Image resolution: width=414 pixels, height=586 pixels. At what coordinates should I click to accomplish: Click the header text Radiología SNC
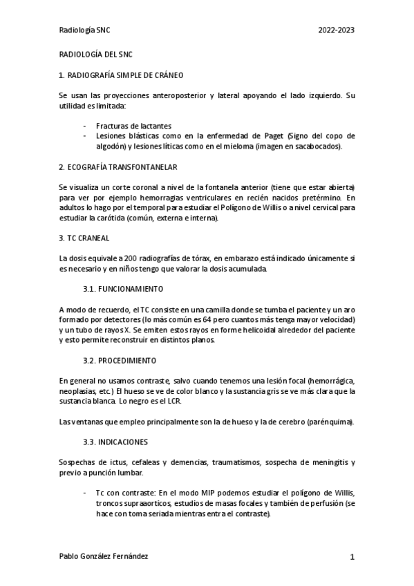click(84, 30)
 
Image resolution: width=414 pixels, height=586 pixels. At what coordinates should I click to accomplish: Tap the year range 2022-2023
click(336, 30)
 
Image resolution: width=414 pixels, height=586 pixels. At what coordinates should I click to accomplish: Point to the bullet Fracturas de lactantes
click(133, 126)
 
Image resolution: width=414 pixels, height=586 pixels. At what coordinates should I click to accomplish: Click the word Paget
click(258, 136)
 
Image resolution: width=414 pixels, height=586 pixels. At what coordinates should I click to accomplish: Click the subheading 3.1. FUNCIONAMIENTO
click(123, 288)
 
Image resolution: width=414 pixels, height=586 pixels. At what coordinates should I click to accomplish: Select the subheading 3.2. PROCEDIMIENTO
click(120, 360)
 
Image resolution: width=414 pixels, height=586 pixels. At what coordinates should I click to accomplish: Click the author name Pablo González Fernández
click(104, 556)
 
